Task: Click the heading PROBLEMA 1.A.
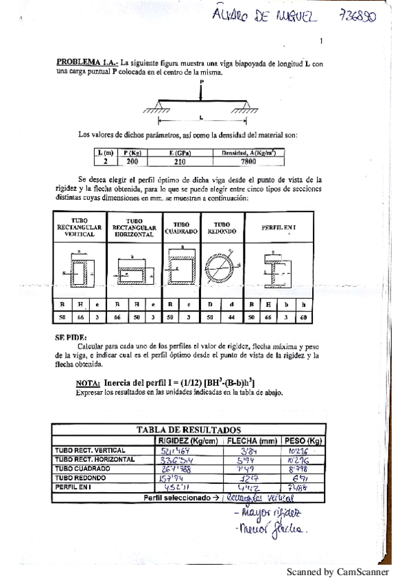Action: (x=86, y=62)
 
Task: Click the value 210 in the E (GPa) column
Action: (x=183, y=161)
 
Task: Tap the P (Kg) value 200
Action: (x=132, y=161)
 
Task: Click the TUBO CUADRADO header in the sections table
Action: (x=181, y=228)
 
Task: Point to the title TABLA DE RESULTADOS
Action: (x=188, y=429)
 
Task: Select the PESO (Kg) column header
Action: (x=303, y=440)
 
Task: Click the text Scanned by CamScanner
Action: (x=338, y=571)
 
